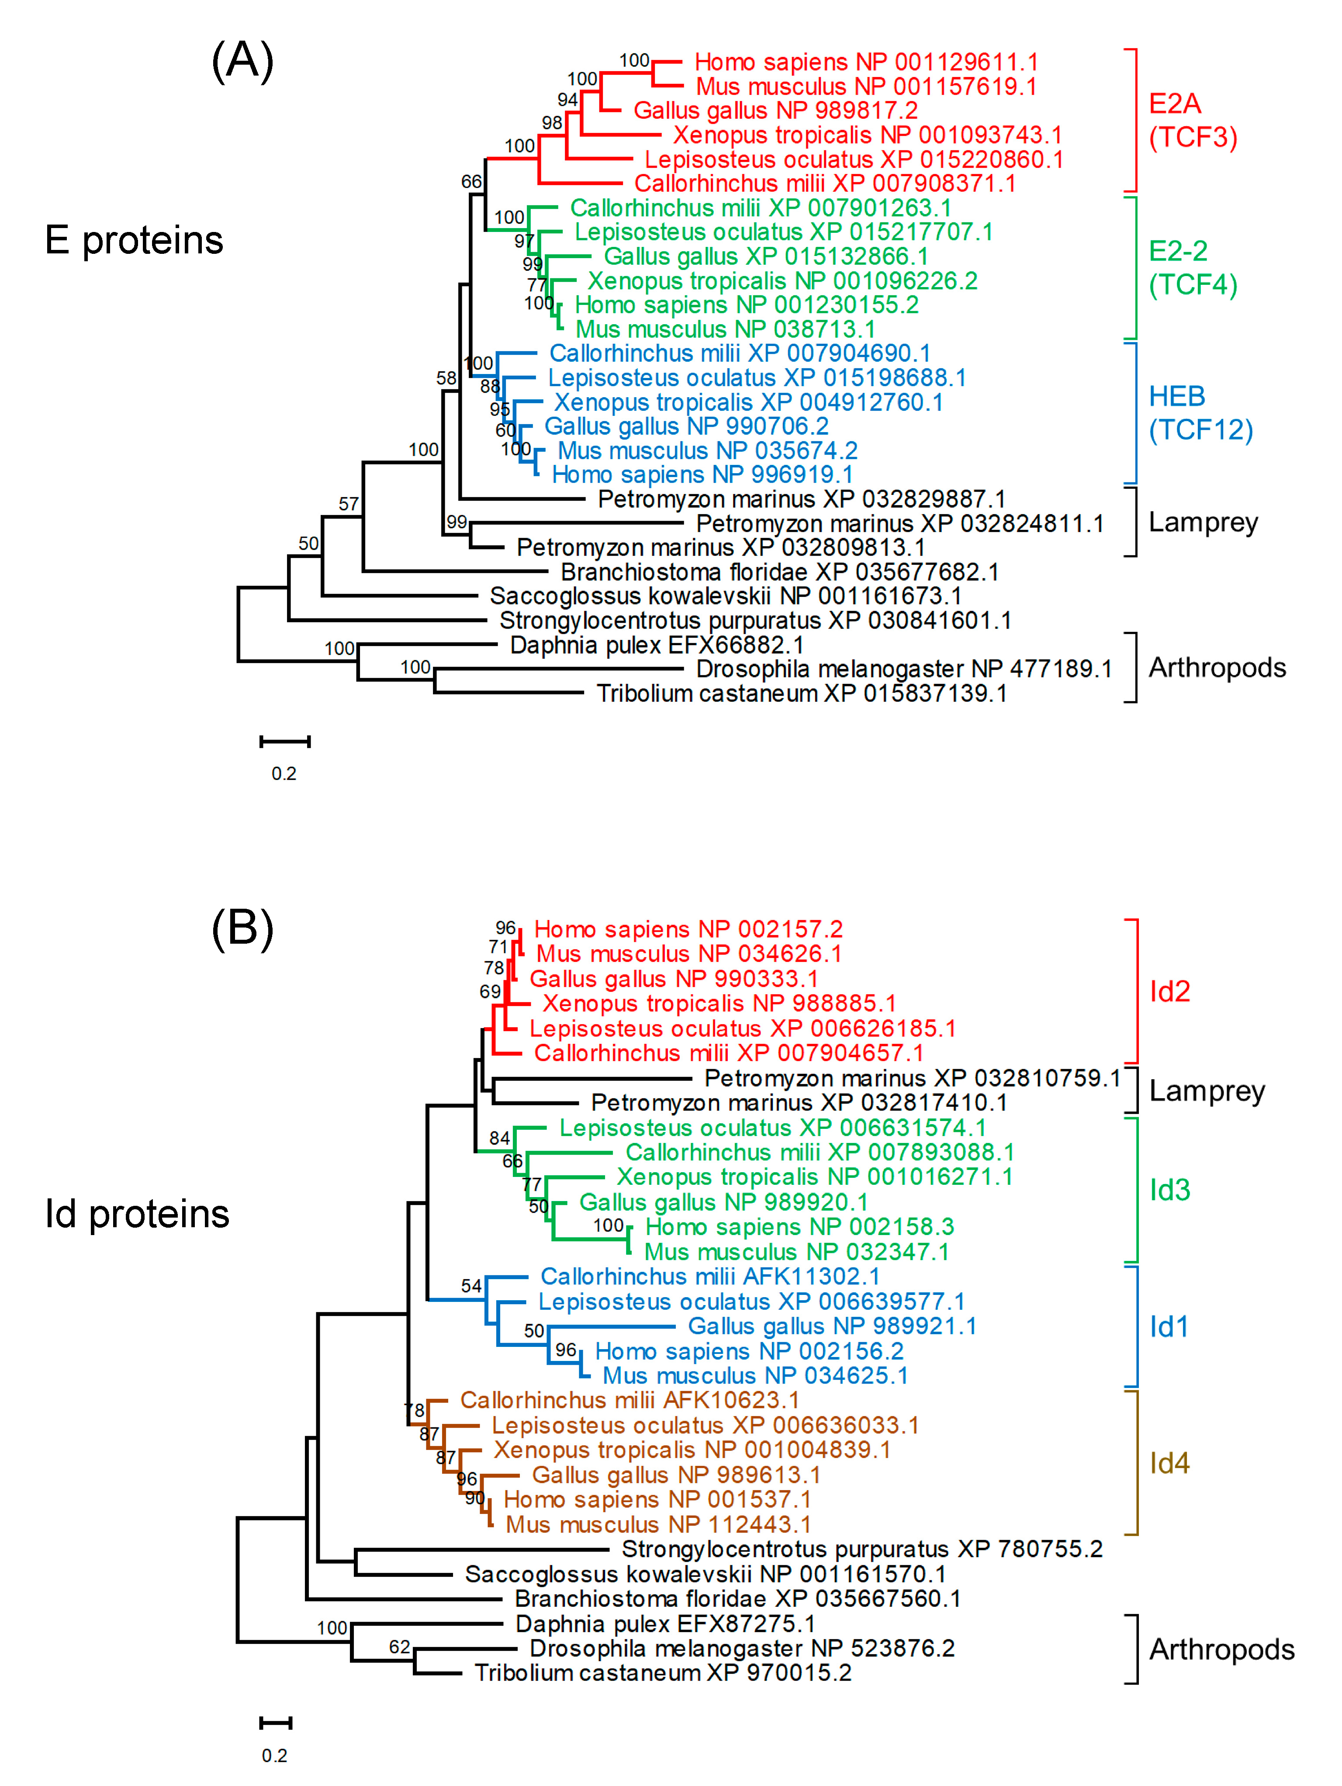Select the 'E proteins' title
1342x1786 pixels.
pyautogui.click(x=134, y=240)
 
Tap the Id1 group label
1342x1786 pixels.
pyautogui.click(x=1169, y=1326)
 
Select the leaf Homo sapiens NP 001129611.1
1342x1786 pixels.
pyautogui.click(x=865, y=62)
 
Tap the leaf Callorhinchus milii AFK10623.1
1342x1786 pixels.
pyautogui.click(x=629, y=1400)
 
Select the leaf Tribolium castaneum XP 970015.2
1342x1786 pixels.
pyautogui.click(x=662, y=1672)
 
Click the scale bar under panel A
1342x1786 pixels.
pyautogui.click(x=284, y=741)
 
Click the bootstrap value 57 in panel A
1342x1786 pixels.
pyautogui.click(x=348, y=504)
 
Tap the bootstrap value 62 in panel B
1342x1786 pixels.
pyautogui.click(x=400, y=1646)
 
